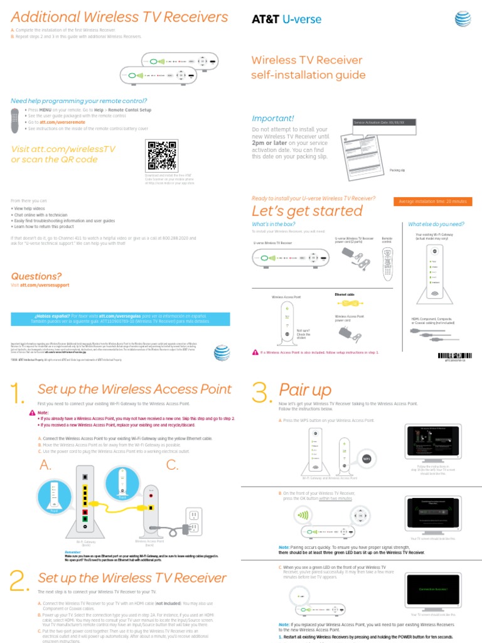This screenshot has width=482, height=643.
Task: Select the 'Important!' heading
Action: click(x=273, y=119)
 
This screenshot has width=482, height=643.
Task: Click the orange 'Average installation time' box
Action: click(x=432, y=201)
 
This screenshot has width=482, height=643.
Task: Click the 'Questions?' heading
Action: click(x=36, y=276)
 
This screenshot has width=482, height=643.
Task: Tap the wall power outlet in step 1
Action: click(x=194, y=520)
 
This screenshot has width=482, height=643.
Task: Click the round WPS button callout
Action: click(x=366, y=458)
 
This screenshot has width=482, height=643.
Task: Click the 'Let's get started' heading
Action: click(x=307, y=210)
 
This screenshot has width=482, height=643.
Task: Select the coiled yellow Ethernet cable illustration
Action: click(x=346, y=303)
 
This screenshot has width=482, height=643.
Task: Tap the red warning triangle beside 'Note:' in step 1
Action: click(x=32, y=413)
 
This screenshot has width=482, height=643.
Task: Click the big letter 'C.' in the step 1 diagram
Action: click(x=172, y=465)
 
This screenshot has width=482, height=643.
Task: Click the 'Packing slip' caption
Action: click(x=397, y=170)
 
